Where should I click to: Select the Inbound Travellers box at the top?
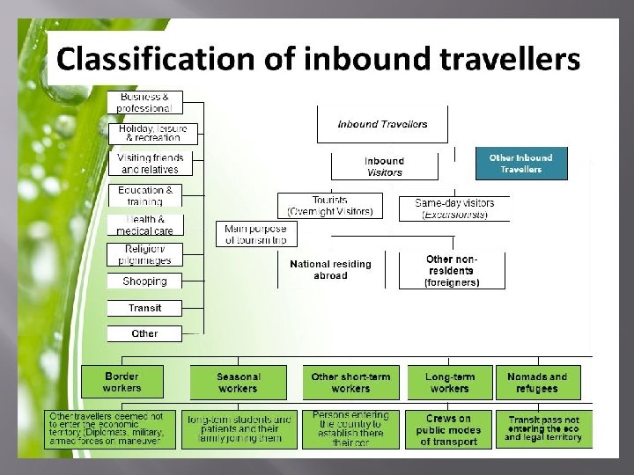(x=382, y=124)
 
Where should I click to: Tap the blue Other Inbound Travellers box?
(x=521, y=164)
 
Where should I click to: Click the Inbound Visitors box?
(x=384, y=166)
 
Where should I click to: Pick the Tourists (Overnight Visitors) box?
(x=330, y=207)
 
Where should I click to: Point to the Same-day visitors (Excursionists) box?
(x=454, y=208)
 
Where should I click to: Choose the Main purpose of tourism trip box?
(x=255, y=234)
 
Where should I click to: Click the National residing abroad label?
(x=330, y=269)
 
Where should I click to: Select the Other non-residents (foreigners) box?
(x=452, y=271)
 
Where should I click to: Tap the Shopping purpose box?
(x=144, y=281)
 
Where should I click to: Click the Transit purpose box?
(x=144, y=308)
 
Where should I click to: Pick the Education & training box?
(x=144, y=195)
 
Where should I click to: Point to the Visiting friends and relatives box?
(x=150, y=164)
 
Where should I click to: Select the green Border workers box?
(x=122, y=382)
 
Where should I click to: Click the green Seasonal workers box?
(x=238, y=383)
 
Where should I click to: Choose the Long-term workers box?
(x=449, y=383)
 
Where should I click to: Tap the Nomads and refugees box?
(x=538, y=383)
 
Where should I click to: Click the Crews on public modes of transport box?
(x=449, y=430)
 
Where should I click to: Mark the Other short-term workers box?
(x=350, y=383)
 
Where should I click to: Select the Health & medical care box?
(x=144, y=225)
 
